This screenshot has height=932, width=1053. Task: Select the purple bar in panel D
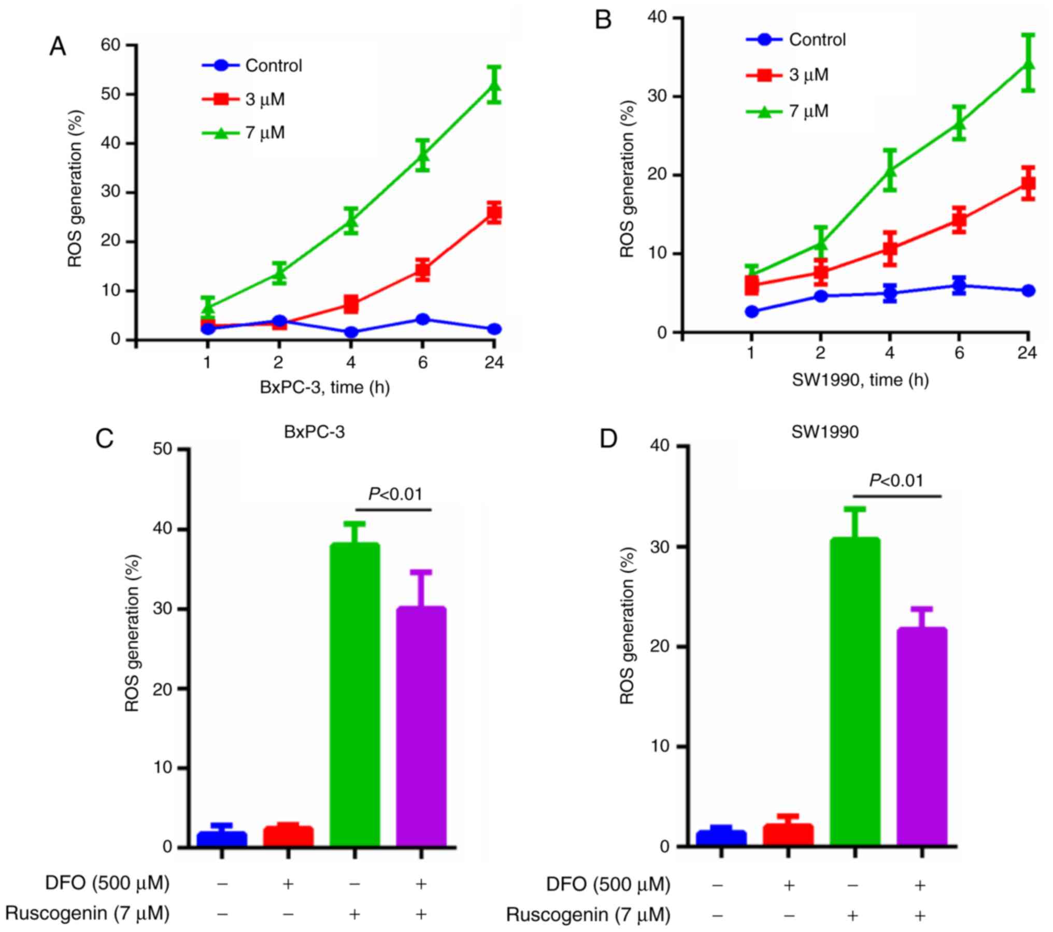click(921, 736)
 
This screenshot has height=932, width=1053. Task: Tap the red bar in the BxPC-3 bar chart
click(288, 836)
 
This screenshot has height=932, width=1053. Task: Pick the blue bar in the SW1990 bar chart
click(721, 838)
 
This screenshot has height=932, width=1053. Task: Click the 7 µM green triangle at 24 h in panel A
click(494, 85)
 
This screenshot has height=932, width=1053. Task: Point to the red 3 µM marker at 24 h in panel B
click(1028, 183)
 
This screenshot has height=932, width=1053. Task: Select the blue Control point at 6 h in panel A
click(422, 319)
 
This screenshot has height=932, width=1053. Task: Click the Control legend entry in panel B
click(817, 40)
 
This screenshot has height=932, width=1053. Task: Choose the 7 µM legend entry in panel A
click(265, 133)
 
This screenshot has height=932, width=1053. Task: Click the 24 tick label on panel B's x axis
click(1027, 353)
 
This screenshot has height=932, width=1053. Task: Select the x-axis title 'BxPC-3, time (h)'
click(324, 387)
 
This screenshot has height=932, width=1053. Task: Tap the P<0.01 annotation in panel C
click(395, 495)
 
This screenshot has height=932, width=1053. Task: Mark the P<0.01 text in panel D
click(896, 481)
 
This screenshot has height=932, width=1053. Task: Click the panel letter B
click(603, 21)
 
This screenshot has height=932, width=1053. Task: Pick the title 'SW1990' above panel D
click(825, 432)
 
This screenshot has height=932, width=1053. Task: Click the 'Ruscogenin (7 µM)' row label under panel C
click(88, 913)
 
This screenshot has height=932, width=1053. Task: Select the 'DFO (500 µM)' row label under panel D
click(608, 884)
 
